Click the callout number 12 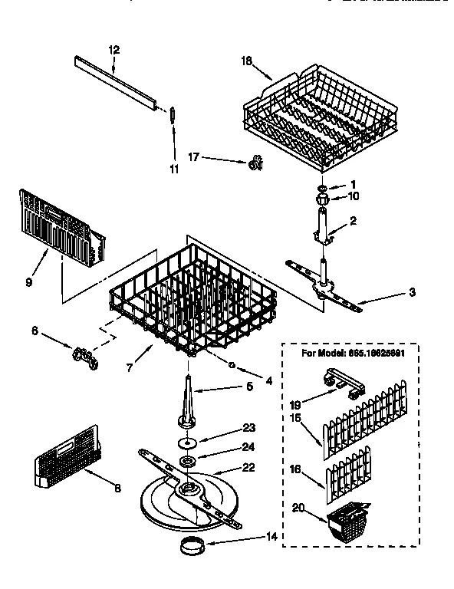pos(113,50)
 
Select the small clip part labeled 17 pos(255,163)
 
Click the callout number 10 pos(354,196)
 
